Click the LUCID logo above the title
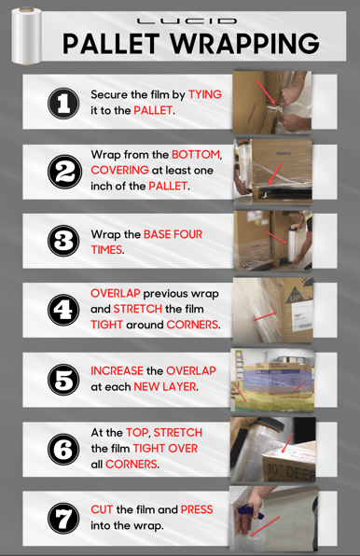tap(187, 21)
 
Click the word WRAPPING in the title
tap(245, 44)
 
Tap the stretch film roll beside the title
tap(26, 35)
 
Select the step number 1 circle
tap(63, 104)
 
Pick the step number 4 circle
tap(63, 310)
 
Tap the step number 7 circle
tap(63, 518)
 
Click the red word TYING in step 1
tap(205, 94)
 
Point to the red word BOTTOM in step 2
tap(196, 155)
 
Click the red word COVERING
tap(119, 170)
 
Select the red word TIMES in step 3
tap(106, 250)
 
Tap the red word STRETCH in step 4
tap(138, 309)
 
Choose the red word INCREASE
tap(117, 371)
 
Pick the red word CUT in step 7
tap(102, 509)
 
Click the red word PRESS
tap(197, 509)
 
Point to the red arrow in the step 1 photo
tap(266, 92)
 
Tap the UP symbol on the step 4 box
tap(295, 296)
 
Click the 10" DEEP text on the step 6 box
tap(291, 472)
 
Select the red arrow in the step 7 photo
tap(265, 526)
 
